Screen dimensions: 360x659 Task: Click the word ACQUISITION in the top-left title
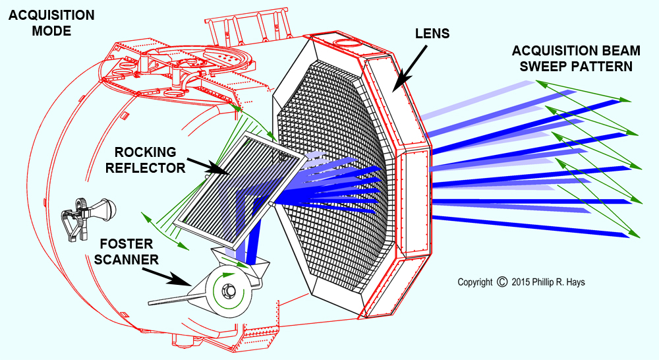(51, 15)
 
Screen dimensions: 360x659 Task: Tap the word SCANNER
(126, 259)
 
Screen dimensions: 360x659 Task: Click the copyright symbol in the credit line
(502, 282)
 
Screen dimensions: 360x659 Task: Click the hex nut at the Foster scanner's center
(229, 291)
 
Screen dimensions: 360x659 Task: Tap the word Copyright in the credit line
(474, 282)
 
